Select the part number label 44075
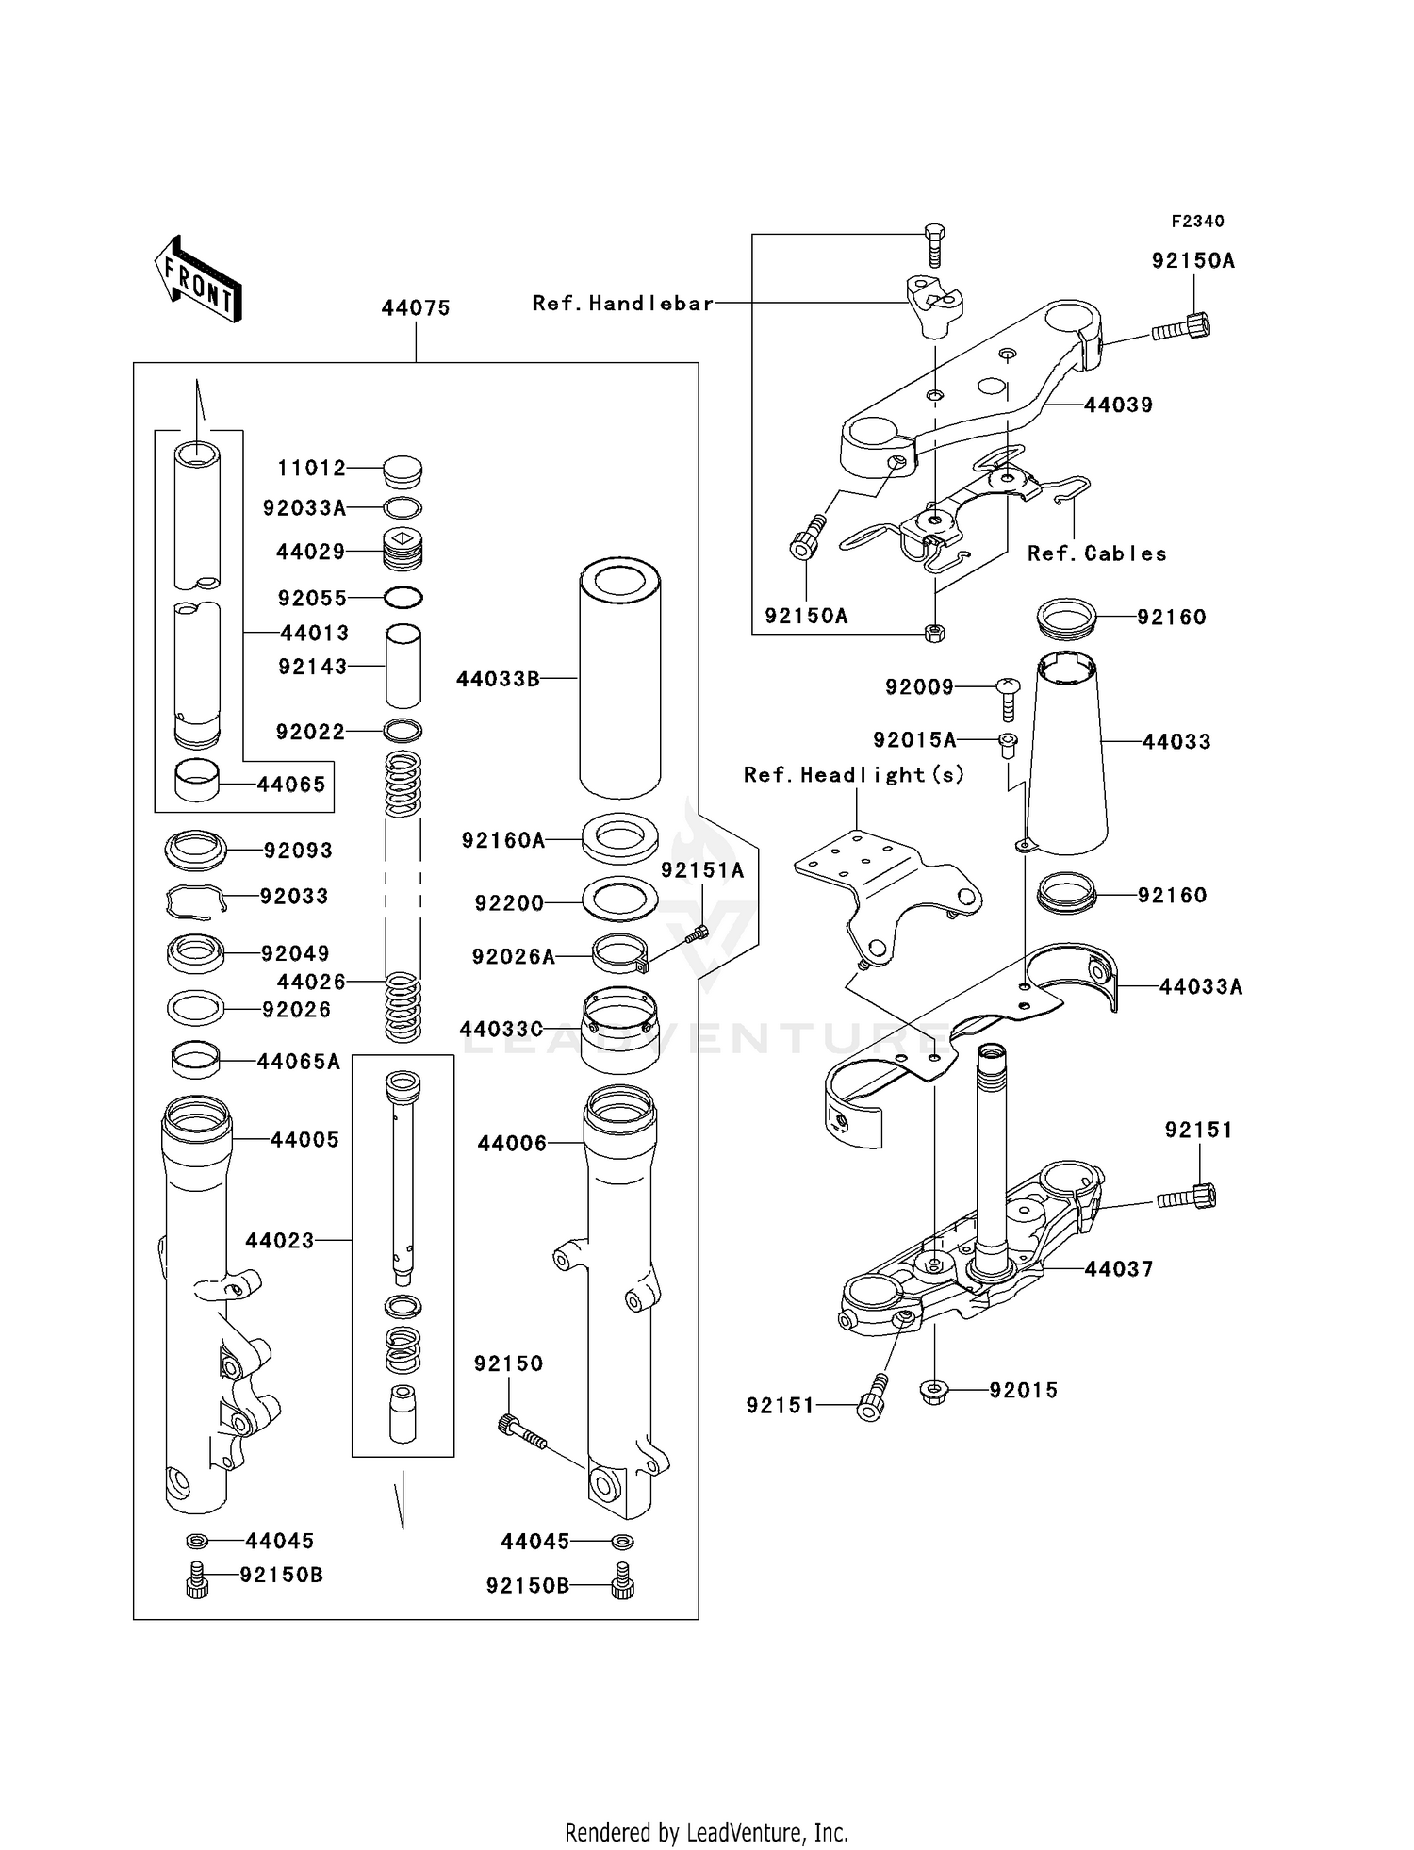pyautogui.click(x=416, y=308)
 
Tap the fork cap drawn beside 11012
pyautogui.click(x=403, y=471)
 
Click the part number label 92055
pyautogui.click(x=312, y=599)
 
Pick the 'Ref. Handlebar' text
pyautogui.click(x=623, y=304)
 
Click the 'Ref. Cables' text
pyautogui.click(x=1097, y=554)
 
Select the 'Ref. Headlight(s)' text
pyautogui.click(x=854, y=775)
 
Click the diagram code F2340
pyautogui.click(x=1197, y=222)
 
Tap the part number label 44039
pyautogui.click(x=1119, y=405)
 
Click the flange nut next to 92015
pyautogui.click(x=933, y=1390)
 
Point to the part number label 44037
pyautogui.click(x=1119, y=1270)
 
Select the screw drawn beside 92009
pyautogui.click(x=1008, y=698)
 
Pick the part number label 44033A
pyautogui.click(x=1200, y=987)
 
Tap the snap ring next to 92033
pyautogui.click(x=196, y=901)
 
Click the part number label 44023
pyautogui.click(x=280, y=1241)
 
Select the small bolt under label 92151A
pyautogui.click(x=698, y=933)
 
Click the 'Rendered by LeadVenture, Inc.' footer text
pyautogui.click(x=706, y=1832)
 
